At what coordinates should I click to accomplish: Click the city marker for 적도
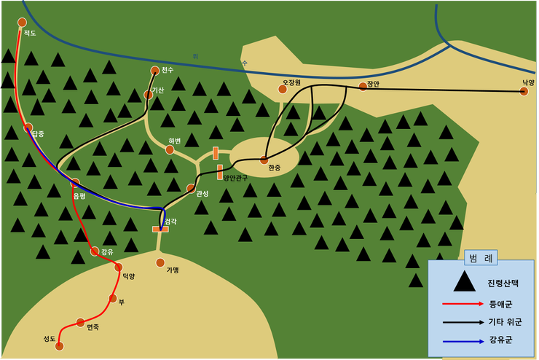click(x=22, y=23)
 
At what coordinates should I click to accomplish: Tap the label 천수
click(x=168, y=70)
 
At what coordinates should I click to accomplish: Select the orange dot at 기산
click(x=149, y=95)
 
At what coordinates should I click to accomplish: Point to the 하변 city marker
click(x=170, y=149)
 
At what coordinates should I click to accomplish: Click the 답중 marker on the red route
click(x=28, y=128)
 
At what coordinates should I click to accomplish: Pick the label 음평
click(x=79, y=195)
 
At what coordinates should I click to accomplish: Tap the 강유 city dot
click(x=95, y=251)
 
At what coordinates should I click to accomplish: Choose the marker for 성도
click(x=60, y=346)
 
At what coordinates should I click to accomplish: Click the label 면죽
click(x=93, y=327)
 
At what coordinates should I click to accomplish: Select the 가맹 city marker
click(x=160, y=262)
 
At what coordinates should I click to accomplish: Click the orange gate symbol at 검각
click(x=160, y=229)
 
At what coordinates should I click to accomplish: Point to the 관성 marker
click(x=191, y=187)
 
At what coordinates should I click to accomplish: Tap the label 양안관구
click(x=236, y=178)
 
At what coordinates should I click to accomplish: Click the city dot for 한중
click(x=264, y=160)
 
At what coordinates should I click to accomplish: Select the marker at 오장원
click(x=283, y=90)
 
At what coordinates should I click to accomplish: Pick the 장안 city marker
click(x=363, y=87)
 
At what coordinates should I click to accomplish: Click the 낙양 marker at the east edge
click(x=524, y=92)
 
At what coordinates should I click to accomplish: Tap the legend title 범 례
click(x=481, y=258)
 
